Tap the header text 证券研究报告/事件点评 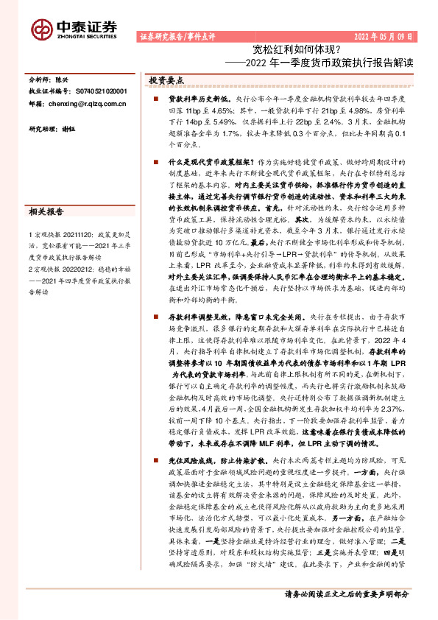179,35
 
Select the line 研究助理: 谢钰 53,129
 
